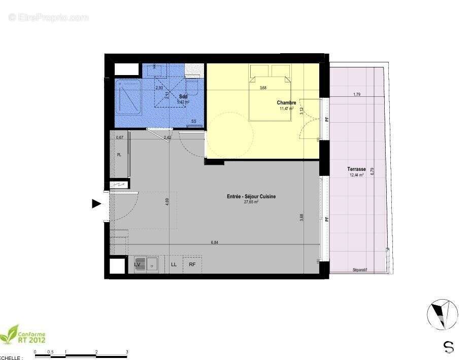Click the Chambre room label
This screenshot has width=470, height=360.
286,103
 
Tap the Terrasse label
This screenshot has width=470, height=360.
357,169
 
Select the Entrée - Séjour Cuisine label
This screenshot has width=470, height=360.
251,197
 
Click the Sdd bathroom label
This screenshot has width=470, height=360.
183,96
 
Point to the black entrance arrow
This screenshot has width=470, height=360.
96,204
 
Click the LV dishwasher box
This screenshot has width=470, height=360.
138,264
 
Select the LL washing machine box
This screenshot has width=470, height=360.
174,264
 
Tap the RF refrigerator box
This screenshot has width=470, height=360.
192,264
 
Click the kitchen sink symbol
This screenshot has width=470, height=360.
152,264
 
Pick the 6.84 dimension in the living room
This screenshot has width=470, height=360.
215,242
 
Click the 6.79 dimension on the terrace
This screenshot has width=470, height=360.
373,171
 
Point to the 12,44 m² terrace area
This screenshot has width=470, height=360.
357,175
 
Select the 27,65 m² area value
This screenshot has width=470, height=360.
251,202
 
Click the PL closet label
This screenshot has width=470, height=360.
119,155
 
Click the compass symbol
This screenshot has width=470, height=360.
442,313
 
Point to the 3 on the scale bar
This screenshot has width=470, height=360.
127,351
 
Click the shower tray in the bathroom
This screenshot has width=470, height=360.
128,96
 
